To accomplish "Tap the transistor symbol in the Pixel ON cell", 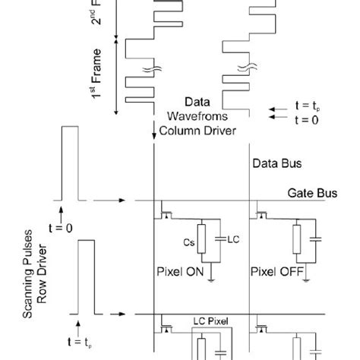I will [166, 210].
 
